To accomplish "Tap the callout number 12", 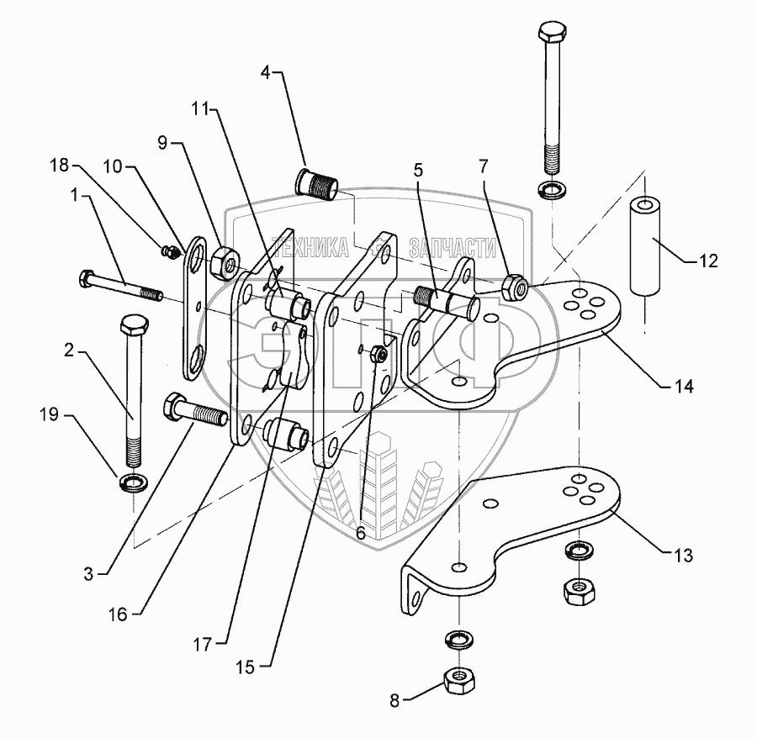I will tap(708, 261).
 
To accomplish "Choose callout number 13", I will tap(683, 556).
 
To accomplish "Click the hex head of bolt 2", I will tap(134, 327).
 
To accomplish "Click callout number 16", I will tap(117, 614).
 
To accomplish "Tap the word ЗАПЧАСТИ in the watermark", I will tap(451, 248).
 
